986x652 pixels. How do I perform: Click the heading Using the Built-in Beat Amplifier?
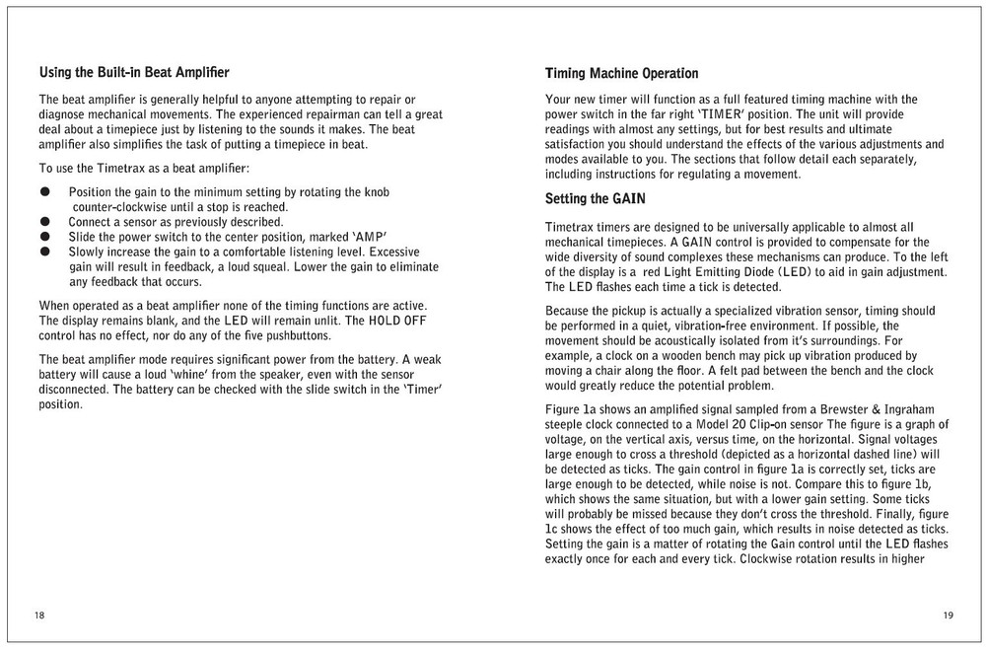tap(134, 72)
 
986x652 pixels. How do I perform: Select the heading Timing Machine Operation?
tap(621, 74)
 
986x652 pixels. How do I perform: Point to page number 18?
tap(39, 616)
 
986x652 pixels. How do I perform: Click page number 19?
tap(948, 616)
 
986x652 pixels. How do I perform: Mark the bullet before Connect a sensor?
tap(44, 222)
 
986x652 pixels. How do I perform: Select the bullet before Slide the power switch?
tap(44, 237)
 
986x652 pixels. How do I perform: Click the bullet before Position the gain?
tap(44, 191)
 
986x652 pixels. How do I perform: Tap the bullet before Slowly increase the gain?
tap(44, 252)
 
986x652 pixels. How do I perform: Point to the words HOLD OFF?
tap(397, 321)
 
